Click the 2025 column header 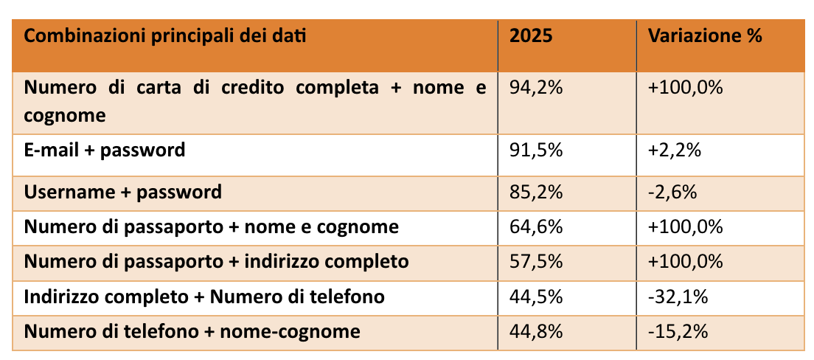pos(531,35)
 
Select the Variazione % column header pos(704,35)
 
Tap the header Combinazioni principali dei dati pos(165,35)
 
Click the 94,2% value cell pos(536,89)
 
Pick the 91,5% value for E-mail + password pos(536,151)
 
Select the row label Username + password pos(123,193)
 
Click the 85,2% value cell pos(536,193)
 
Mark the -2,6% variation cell pos(672,193)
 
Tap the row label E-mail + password pos(105,151)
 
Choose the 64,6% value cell pos(536,227)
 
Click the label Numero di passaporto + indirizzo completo pos(216,262)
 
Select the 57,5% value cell pos(536,262)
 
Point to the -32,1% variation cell pos(678,297)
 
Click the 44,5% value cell pos(536,297)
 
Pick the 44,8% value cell pos(536,332)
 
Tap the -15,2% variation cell pos(678,332)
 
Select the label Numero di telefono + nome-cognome pos(192,332)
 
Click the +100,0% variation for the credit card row pos(685,89)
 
